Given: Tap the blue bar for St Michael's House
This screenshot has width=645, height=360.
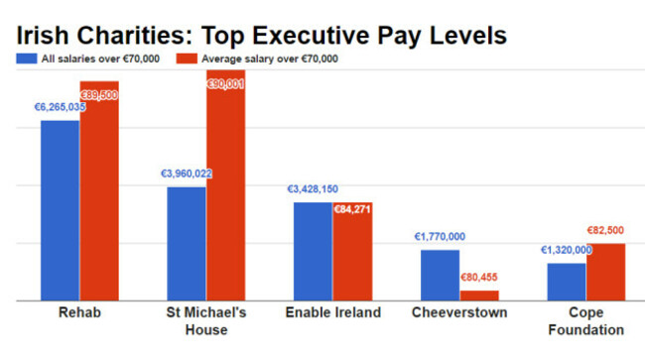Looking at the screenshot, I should pos(186,243).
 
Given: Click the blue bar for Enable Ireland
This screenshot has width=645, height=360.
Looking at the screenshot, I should pos(313,250).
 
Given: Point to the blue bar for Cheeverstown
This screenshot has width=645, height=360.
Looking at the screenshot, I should pos(440,274).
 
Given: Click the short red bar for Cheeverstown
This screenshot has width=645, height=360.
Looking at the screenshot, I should pos(479,295).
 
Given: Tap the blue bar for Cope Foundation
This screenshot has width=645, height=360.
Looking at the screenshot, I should pos(566,281).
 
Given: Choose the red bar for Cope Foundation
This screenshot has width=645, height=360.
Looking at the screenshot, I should pos(605,271).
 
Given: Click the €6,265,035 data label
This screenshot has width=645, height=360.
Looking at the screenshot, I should pos(60,107).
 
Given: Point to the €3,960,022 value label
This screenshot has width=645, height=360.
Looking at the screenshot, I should pos(187,174).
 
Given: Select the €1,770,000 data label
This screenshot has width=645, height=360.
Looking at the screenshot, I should pos(439,237).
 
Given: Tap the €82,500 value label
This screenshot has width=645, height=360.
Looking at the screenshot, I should pos(605,230).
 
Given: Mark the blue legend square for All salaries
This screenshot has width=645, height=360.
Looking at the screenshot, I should pos(23,59).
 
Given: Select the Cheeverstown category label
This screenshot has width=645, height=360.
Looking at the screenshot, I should pos(458,313).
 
